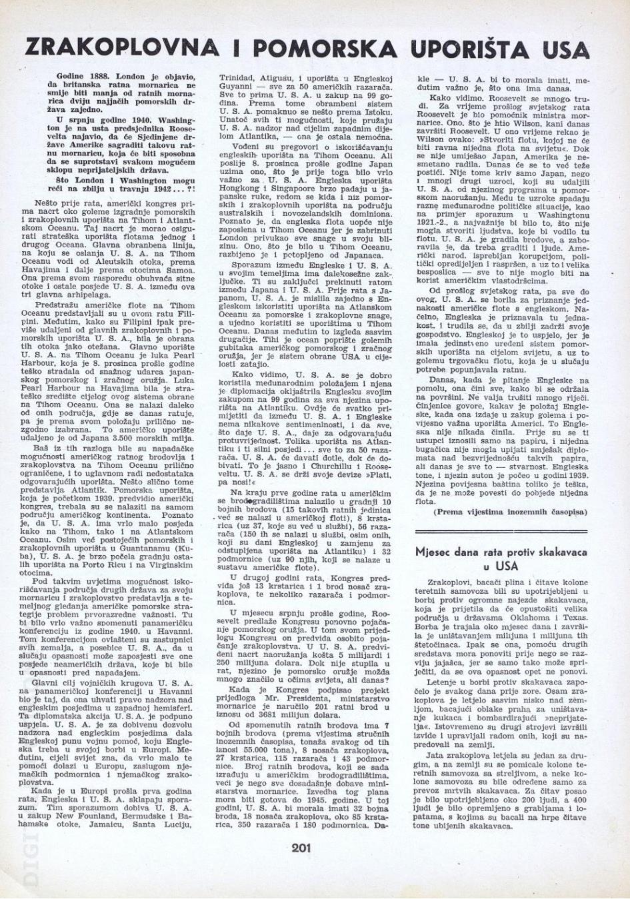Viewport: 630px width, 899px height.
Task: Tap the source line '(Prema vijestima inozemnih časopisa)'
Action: tap(510, 512)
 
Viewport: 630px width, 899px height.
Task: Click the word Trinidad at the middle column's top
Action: tap(239, 78)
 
